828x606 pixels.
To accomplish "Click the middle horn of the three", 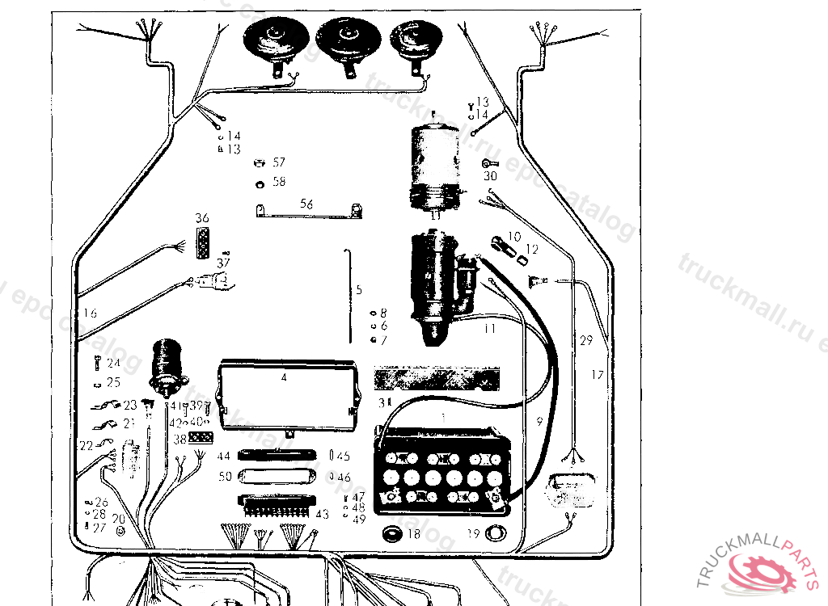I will pyautogui.click(x=349, y=41).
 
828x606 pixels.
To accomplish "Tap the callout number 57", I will pyautogui.click(x=279, y=162).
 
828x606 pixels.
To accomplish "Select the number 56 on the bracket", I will pyautogui.click(x=306, y=204).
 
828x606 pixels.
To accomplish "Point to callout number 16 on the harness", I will pyautogui.click(x=90, y=313).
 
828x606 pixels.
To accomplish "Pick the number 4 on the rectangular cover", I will pyautogui.click(x=284, y=377).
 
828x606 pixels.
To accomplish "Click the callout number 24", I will pyautogui.click(x=113, y=363).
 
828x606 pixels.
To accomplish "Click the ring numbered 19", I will pyautogui.click(x=496, y=533).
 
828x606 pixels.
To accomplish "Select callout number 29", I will pyautogui.click(x=585, y=341).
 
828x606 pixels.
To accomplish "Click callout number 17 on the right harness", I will pyautogui.click(x=597, y=375).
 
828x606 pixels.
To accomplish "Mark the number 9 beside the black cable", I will pyautogui.click(x=539, y=420).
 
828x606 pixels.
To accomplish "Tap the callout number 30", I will pyautogui.click(x=490, y=175).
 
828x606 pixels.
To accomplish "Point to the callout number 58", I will pyautogui.click(x=279, y=182).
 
